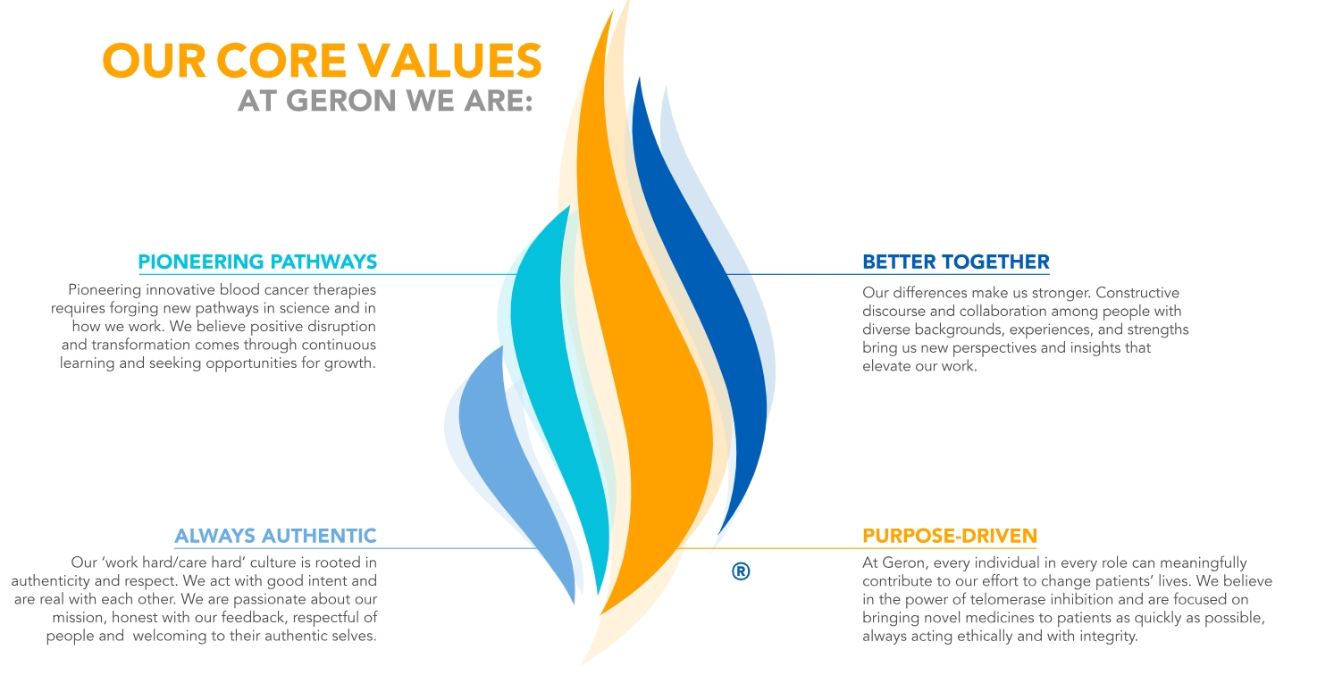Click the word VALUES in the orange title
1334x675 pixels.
coord(449,61)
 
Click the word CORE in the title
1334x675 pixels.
coord(281,61)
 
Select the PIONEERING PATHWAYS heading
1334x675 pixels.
coord(257,262)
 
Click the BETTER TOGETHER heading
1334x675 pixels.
coord(956,262)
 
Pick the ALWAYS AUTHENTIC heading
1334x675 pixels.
coord(275,536)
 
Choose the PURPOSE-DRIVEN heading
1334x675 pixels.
coord(949,536)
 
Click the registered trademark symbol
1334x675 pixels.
coord(741,571)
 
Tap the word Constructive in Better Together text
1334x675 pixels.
coord(1137,293)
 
